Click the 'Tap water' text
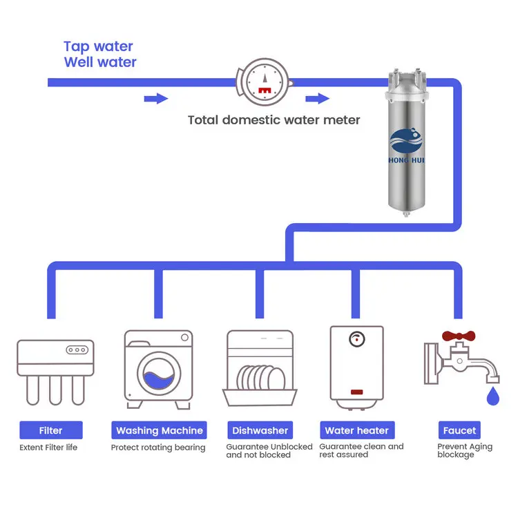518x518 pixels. [98, 46]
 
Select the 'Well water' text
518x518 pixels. [100, 63]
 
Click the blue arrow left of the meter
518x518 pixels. [156, 99]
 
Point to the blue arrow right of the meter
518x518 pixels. [318, 99]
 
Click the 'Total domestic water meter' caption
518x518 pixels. [274, 120]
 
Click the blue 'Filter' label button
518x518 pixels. [51, 430]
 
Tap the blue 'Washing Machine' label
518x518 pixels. [160, 430]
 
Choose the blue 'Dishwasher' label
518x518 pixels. [260, 430]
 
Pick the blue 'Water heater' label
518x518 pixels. [357, 430]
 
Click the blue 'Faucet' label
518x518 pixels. [459, 430]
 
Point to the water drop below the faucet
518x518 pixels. [492, 396]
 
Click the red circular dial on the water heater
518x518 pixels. [356, 340]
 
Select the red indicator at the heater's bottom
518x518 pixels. [356, 392]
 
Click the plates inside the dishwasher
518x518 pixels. [260, 377]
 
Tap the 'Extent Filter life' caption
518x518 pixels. [48, 448]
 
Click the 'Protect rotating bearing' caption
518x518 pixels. [158, 448]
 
